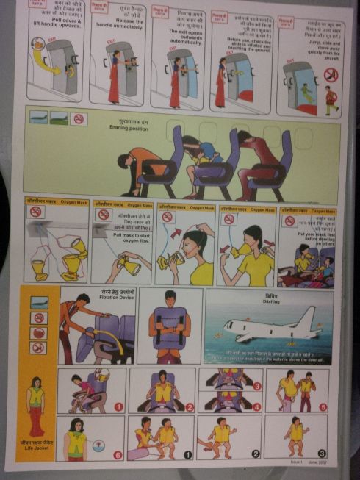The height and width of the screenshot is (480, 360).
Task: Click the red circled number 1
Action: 118,406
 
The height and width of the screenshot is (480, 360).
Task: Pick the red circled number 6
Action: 118,454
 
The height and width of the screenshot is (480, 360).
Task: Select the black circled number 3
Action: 322,454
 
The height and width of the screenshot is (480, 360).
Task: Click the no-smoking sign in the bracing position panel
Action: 79,118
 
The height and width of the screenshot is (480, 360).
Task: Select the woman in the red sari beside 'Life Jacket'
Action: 35,405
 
